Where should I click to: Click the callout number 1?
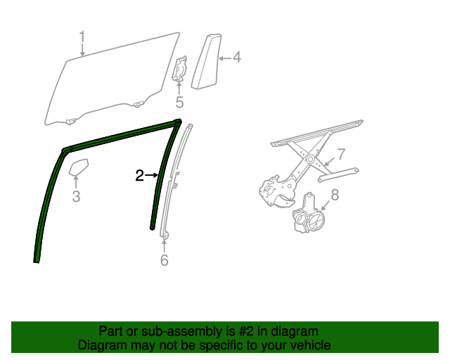pyautogui.click(x=82, y=36)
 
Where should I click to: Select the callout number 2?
pyautogui.click(x=139, y=175)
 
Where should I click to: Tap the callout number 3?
pyautogui.click(x=76, y=197)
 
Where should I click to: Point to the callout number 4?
pyautogui.click(x=236, y=58)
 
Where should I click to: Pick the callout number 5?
pyautogui.click(x=179, y=103)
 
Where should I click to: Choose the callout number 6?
pyautogui.click(x=165, y=260)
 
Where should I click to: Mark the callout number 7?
pyautogui.click(x=340, y=154)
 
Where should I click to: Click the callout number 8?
pyautogui.click(x=335, y=195)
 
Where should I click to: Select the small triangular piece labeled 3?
pyautogui.click(x=77, y=169)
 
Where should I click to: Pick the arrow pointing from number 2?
pyautogui.click(x=153, y=175)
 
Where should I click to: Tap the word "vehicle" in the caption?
pyautogui.click(x=309, y=345)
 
